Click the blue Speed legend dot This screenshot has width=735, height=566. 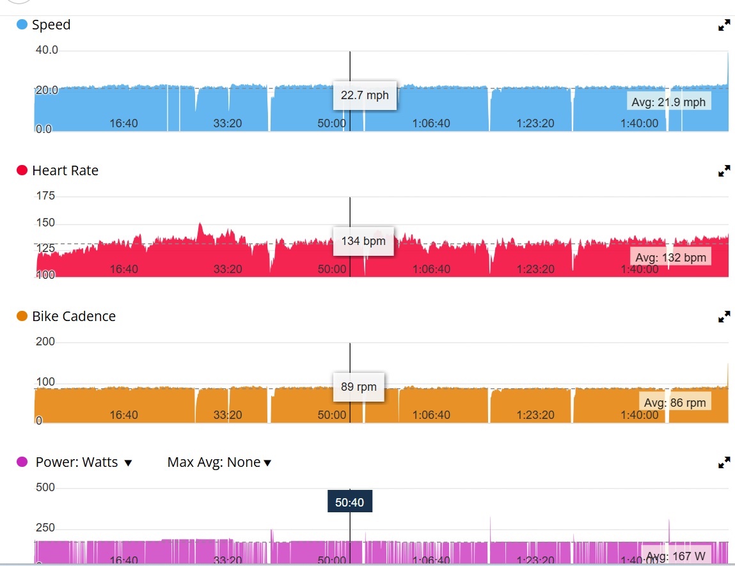click(x=22, y=25)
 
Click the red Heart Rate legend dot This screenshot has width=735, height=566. click(x=22, y=171)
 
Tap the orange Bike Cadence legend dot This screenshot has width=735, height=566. click(x=22, y=317)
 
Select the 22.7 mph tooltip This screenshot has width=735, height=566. click(x=365, y=95)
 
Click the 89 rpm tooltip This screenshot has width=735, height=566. click(x=358, y=387)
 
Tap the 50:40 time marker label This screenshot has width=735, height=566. click(x=349, y=502)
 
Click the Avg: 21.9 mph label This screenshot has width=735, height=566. click(x=668, y=102)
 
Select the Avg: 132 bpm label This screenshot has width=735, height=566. click(x=670, y=257)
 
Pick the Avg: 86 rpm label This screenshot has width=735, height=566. click(x=674, y=402)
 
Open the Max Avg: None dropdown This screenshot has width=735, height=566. click(x=219, y=462)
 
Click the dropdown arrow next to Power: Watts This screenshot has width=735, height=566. click(x=128, y=463)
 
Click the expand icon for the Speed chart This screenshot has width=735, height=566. click(x=724, y=26)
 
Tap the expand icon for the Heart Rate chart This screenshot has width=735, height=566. click(x=724, y=171)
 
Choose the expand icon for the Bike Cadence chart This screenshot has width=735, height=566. click(x=724, y=317)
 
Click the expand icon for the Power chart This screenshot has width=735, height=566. click(x=724, y=462)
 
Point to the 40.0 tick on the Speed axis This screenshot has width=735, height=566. click(x=46, y=50)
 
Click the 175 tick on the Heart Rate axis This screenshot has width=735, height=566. click(x=46, y=196)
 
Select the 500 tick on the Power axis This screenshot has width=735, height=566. click(x=46, y=487)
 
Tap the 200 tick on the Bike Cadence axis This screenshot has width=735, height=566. click(x=46, y=342)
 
